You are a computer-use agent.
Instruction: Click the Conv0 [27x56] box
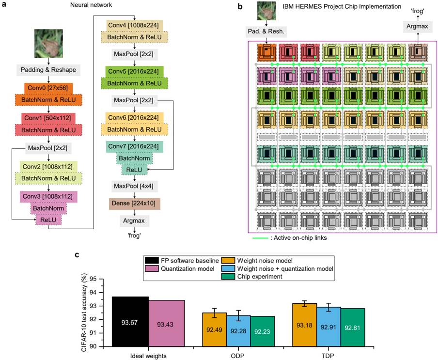coord(48,88)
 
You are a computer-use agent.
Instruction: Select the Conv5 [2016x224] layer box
coord(135,72)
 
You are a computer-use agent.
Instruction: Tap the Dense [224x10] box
coord(135,203)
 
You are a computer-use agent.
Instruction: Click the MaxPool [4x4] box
coord(135,186)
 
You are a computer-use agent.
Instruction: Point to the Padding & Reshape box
coord(48,70)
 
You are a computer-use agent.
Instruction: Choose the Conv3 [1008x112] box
coord(48,197)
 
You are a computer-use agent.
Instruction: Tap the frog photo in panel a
coord(48,44)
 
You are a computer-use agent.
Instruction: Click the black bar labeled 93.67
coord(130,322)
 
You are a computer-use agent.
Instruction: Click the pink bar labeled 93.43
coord(166,323)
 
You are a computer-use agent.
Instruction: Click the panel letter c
coord(77,255)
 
